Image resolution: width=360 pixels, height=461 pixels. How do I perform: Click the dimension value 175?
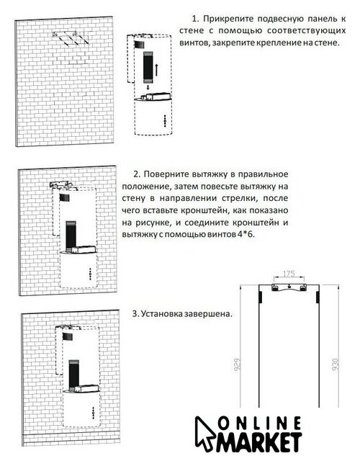[x=289, y=274]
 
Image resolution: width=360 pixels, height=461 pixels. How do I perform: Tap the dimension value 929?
[x=237, y=364]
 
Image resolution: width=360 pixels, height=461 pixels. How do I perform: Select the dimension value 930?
[x=336, y=364]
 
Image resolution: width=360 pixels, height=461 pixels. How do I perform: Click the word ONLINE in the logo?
[x=260, y=424]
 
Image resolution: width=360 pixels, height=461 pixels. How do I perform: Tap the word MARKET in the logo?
[x=259, y=442]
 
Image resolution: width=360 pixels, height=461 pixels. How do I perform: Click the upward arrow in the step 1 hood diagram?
[x=157, y=70]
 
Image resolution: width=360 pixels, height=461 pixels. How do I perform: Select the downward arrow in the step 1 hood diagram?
[x=148, y=87]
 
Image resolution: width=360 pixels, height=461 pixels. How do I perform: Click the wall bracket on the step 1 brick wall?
[x=71, y=38]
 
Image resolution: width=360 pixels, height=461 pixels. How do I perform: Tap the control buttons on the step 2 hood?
[x=90, y=274]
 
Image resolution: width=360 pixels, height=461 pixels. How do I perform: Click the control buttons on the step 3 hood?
[x=94, y=413]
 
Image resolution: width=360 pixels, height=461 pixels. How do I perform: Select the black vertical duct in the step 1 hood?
[x=147, y=67]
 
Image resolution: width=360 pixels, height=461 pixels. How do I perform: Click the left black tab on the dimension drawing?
[x=261, y=297]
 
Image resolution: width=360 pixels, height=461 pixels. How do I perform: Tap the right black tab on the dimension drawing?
[x=318, y=297]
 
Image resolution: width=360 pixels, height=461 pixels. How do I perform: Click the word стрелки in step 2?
[x=239, y=199]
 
